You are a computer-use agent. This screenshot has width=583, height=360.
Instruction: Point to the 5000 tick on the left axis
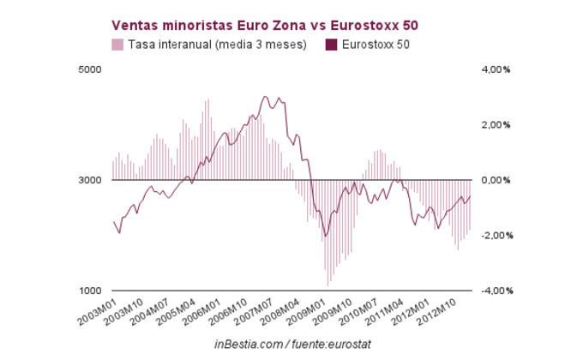(x=91, y=69)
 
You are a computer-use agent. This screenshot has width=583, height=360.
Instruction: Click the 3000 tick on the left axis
(x=91, y=180)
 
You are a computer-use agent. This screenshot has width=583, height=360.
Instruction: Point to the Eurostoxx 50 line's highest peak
(x=265, y=97)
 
